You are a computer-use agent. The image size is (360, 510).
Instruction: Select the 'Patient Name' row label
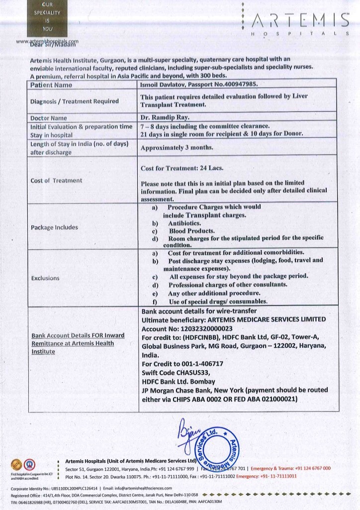point(51,85)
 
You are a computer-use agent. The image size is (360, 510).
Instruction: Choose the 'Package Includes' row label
point(54,227)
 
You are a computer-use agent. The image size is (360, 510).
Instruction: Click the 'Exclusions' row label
point(45,278)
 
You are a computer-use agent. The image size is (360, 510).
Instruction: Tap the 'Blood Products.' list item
point(191,231)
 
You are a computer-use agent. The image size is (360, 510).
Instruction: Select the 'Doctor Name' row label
point(49,118)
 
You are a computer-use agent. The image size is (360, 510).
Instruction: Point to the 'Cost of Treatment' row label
point(56,181)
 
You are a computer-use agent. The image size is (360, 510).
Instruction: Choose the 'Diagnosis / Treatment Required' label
point(75,102)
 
